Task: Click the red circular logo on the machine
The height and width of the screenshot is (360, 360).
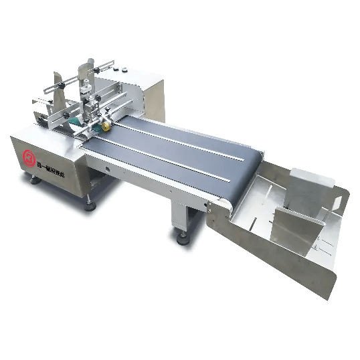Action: [29, 157]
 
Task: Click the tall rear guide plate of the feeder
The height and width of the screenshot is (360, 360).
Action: [83, 74]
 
